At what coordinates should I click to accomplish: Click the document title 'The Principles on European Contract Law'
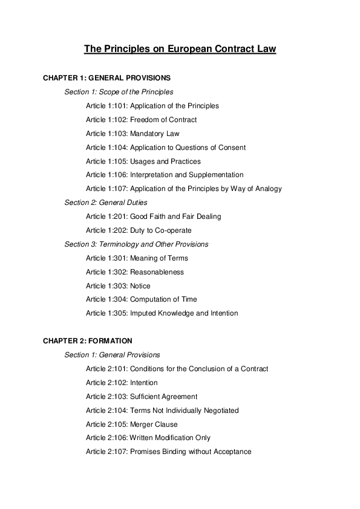180,49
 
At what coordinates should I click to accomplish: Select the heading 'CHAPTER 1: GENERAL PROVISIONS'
106,78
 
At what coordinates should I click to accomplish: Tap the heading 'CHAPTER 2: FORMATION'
88,341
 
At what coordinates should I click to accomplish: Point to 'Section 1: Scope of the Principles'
119,92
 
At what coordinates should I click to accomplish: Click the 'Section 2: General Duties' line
106,203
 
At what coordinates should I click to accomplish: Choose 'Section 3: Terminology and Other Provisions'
136,244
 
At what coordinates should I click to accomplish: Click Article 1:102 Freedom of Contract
141,120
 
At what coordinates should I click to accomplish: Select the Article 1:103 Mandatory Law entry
133,134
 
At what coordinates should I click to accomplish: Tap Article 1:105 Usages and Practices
143,161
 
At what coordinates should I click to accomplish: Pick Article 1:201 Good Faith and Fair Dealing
154,216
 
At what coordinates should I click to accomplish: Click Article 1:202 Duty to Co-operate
139,230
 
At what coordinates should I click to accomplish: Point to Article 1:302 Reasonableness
135,272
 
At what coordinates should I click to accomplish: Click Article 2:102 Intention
122,383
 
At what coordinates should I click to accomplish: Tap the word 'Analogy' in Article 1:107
268,189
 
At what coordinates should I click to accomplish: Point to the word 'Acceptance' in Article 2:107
234,452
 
